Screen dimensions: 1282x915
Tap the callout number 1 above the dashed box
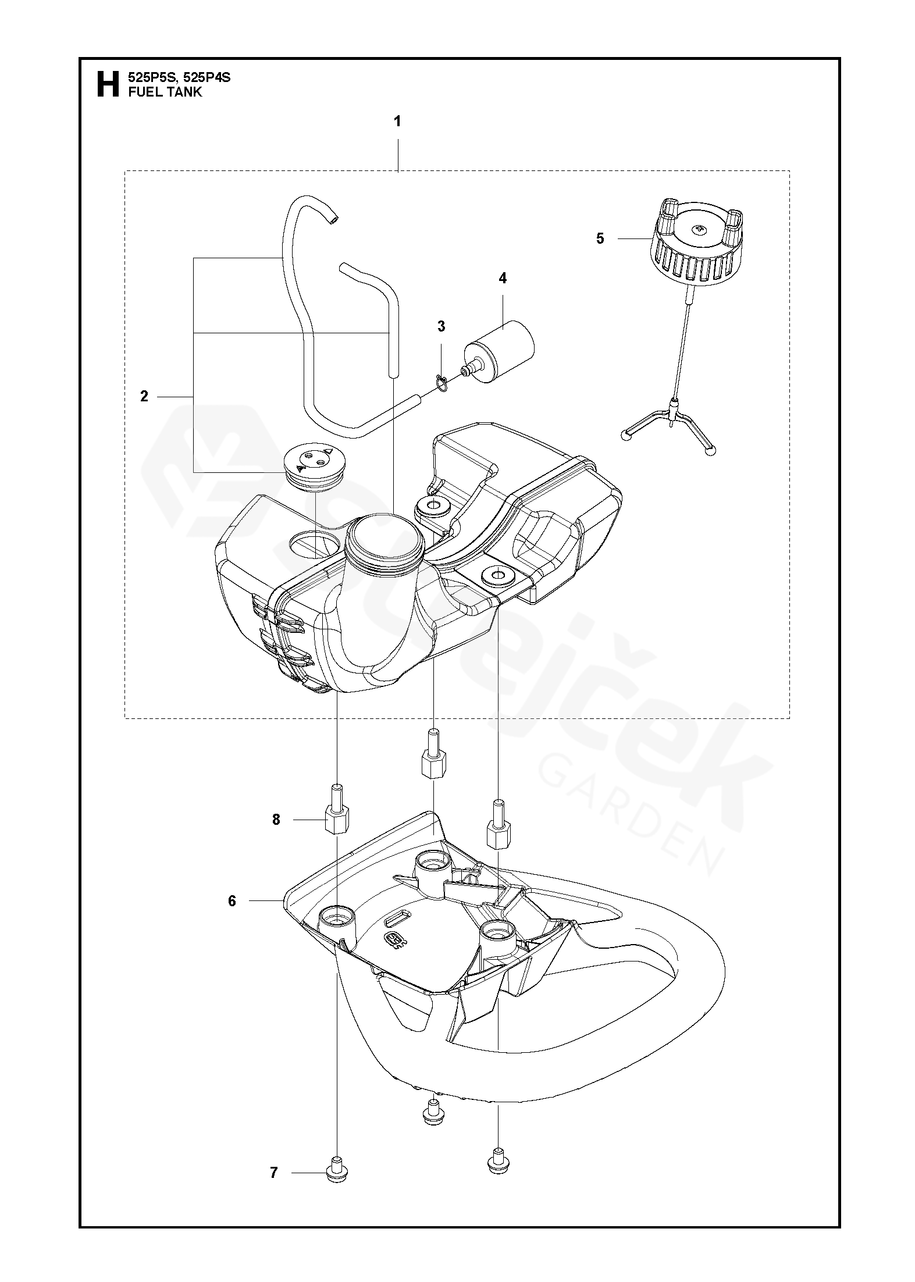point(398,122)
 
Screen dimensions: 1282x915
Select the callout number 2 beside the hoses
point(144,396)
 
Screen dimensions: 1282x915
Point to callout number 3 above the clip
point(442,326)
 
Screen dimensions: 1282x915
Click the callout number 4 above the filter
point(503,279)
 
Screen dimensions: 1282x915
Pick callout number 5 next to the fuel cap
point(600,238)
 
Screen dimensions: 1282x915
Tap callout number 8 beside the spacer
point(276,820)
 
